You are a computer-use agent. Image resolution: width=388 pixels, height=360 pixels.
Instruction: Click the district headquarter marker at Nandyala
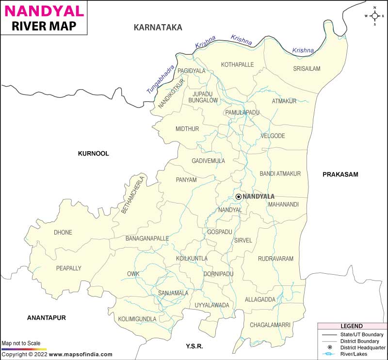tap(238, 196)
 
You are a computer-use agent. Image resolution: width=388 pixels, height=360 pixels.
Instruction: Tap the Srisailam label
tap(307, 69)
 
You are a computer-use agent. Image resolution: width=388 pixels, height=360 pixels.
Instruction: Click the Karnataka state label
tap(158, 28)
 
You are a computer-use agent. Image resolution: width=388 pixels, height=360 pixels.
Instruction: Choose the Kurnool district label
tap(94, 154)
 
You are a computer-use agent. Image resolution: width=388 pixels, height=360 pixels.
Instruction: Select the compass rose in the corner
tap(374, 16)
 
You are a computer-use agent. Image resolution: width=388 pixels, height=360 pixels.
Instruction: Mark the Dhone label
tap(63, 233)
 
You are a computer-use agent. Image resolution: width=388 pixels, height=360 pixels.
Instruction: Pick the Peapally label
tap(69, 268)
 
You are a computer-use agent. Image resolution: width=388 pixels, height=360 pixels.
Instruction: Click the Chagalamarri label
tap(271, 325)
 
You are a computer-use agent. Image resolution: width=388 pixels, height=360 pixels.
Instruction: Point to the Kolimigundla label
tap(137, 319)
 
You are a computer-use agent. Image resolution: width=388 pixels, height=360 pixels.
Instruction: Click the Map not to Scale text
tap(21, 343)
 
